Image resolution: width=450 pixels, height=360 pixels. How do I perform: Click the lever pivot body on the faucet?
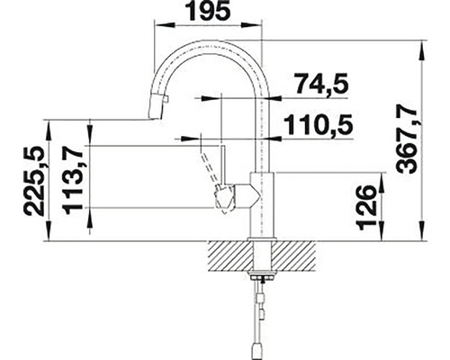coord(236,193)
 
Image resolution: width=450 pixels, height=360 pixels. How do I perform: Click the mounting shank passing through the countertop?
coord(260,261)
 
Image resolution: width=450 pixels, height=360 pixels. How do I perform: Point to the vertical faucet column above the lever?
coord(261,135)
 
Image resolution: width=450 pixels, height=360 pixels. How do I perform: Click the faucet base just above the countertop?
coord(260,229)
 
